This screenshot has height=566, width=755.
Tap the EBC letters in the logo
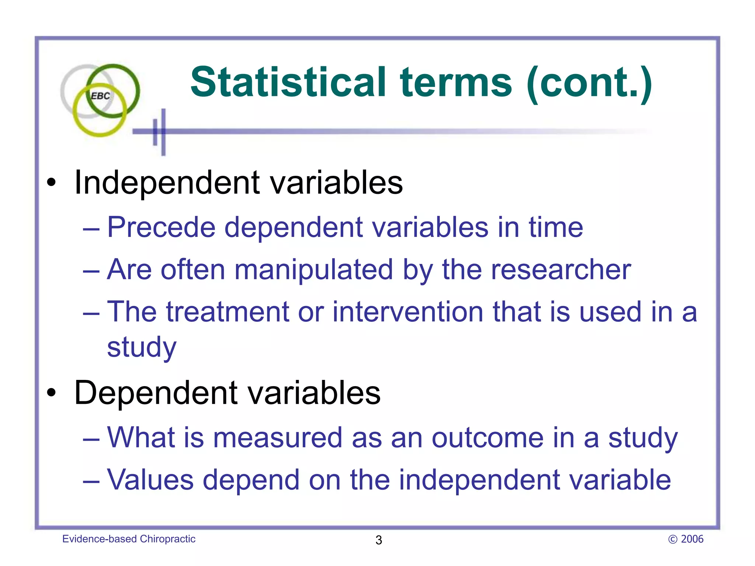[x=100, y=96]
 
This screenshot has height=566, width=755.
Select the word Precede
[x=161, y=227]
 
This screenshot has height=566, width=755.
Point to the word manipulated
[x=314, y=270]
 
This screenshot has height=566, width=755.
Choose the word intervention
[x=408, y=312]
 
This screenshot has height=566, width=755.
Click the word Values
[x=150, y=480]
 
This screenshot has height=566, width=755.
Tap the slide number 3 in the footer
[x=379, y=540]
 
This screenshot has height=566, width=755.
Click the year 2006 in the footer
[x=692, y=539]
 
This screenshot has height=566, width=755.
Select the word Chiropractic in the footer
[x=167, y=539]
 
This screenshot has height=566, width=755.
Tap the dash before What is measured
[x=91, y=439]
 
